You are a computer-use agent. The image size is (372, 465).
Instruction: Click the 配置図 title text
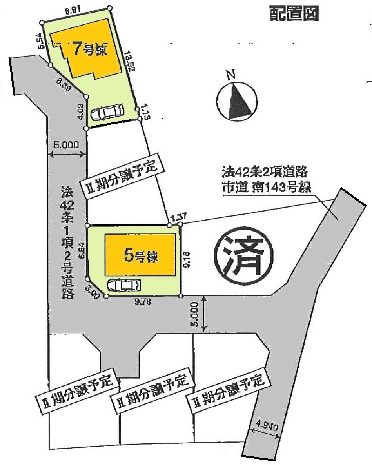(294, 14)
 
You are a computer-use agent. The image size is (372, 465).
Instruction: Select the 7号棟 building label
(90, 50)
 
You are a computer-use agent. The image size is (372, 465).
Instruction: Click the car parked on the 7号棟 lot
(107, 112)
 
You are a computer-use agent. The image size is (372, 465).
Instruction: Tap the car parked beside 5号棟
(123, 285)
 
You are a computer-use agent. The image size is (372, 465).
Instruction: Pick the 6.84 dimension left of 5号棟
(82, 250)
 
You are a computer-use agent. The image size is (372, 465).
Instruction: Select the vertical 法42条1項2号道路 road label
(67, 243)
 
